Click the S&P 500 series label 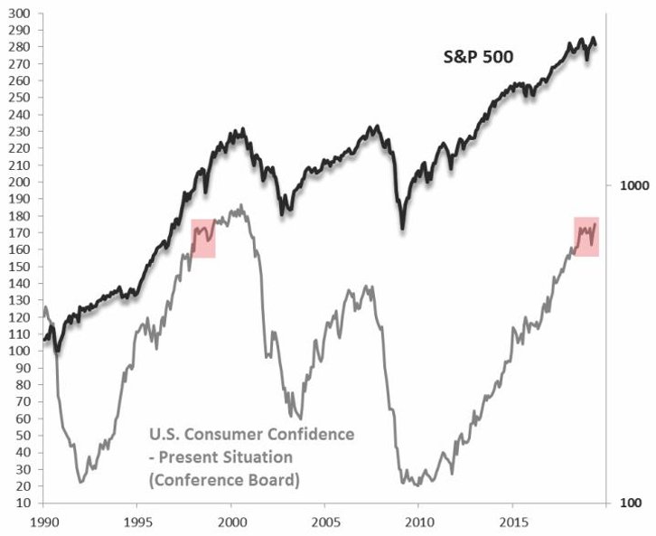[477, 57]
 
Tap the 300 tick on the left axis [20, 14]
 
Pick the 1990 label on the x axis [43, 521]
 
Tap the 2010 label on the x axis [418, 521]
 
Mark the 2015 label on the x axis [512, 521]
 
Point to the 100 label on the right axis [633, 503]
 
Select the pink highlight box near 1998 [202, 238]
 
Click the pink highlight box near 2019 [586, 237]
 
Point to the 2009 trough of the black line [403, 226]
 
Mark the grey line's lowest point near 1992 [81, 481]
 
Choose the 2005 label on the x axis [324, 521]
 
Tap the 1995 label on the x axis [137, 521]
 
